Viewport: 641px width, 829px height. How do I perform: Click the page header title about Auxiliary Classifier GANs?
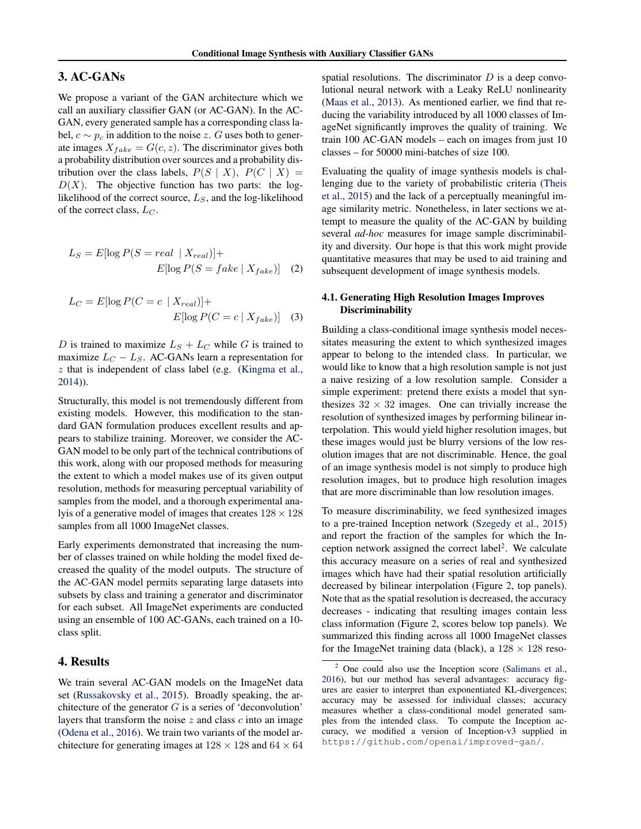click(x=312, y=54)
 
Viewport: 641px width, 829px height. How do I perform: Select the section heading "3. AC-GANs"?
click(x=91, y=77)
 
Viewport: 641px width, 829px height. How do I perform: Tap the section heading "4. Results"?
click(x=84, y=661)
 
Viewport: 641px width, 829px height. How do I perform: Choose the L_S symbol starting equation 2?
click(x=75, y=253)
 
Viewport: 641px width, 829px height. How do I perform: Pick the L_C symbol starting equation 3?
click(x=75, y=302)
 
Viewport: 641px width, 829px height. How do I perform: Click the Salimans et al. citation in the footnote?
click(x=535, y=669)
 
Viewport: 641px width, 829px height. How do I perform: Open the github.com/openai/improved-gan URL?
click(x=432, y=741)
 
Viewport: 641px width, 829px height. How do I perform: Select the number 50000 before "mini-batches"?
click(x=390, y=153)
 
